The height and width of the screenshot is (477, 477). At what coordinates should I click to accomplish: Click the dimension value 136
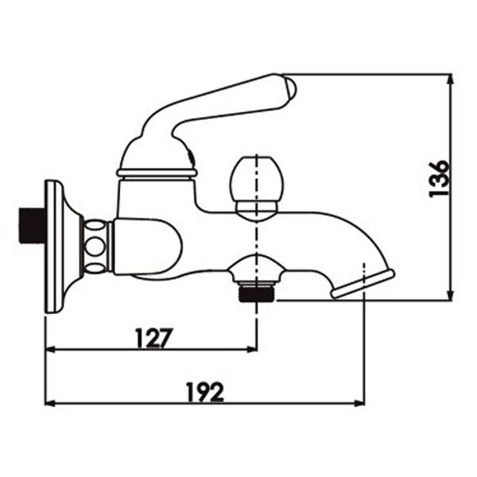click(x=439, y=179)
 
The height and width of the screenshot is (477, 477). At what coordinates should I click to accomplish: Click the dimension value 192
click(x=205, y=392)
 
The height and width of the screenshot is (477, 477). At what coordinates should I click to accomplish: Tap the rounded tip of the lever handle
click(x=289, y=89)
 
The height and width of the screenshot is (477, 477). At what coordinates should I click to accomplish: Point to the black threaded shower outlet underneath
click(x=257, y=293)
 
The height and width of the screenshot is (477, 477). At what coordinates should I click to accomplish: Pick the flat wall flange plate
click(x=54, y=246)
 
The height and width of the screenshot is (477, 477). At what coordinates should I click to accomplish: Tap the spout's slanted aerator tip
click(x=363, y=284)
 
